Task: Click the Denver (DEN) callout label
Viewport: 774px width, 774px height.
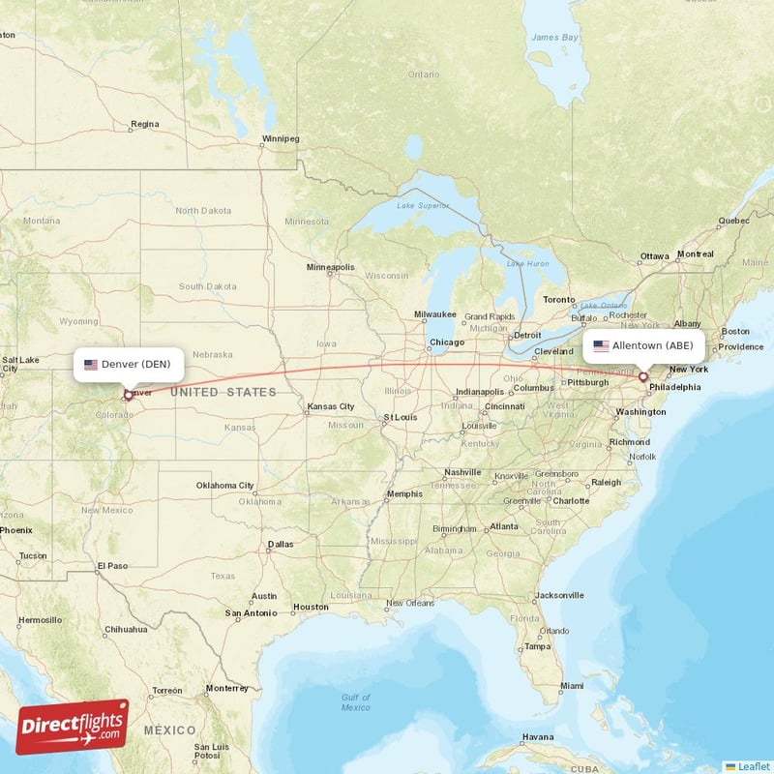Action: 128,365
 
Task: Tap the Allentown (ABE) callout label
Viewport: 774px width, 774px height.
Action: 643,345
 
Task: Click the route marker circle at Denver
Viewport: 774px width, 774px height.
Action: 127,395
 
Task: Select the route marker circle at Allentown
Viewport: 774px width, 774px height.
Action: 643,376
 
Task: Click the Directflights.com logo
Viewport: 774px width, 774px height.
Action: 73,727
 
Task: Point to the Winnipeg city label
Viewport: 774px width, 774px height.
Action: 281,139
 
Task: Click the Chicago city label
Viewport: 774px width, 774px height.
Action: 447,342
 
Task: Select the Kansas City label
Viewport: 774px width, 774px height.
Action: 331,407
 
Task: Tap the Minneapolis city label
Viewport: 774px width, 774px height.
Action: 331,267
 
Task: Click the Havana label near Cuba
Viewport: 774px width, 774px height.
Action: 538,736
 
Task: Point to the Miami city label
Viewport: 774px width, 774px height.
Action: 572,685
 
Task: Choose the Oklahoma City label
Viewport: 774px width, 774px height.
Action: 225,486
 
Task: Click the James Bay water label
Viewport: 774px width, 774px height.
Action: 554,38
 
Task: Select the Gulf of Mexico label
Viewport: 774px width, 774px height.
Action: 356,701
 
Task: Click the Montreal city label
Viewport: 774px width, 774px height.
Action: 695,254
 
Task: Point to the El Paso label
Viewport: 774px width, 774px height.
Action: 112,565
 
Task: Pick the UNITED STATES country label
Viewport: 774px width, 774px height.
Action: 224,392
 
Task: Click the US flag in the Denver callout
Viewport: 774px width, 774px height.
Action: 91,365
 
